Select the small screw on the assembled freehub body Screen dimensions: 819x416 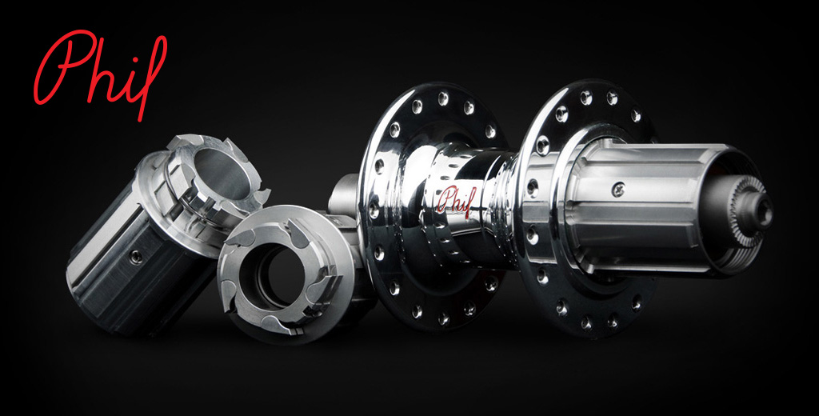coord(618,189)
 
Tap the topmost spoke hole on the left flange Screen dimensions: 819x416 coord(443,96)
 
